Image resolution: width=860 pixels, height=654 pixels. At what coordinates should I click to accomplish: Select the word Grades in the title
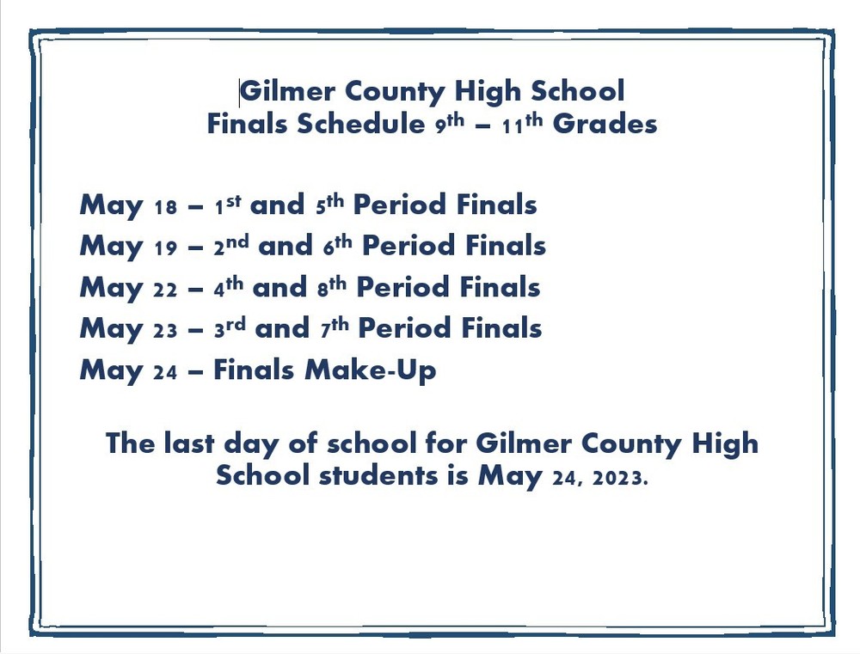click(605, 124)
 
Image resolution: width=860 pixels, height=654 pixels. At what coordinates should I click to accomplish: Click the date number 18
click(165, 207)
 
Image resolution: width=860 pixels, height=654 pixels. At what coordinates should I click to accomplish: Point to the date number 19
click(165, 248)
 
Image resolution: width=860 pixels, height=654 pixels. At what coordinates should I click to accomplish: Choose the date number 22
click(165, 290)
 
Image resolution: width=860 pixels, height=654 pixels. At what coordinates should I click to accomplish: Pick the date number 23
click(165, 331)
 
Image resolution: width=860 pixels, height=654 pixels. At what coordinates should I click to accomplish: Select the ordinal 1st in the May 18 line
click(228, 205)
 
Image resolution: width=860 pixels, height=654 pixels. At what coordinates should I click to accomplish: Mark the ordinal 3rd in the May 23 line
click(230, 329)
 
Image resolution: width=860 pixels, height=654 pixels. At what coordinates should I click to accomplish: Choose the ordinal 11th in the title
click(523, 123)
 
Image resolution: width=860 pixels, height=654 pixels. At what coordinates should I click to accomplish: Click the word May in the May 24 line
click(111, 372)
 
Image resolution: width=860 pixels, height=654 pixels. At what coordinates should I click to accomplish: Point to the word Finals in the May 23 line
click(503, 329)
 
